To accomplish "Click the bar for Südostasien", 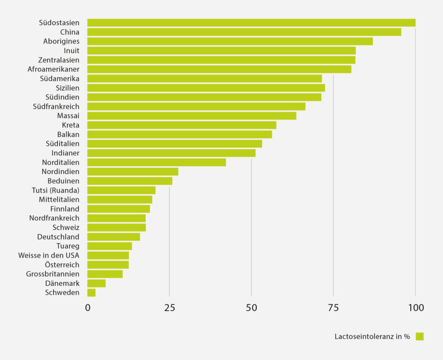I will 251,22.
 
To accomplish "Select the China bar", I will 244,32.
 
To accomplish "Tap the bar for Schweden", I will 91,292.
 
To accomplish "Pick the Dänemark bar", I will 96,283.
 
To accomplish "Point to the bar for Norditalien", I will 157,162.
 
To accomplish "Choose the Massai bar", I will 192,116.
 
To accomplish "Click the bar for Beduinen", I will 130,181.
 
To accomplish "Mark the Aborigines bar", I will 230,41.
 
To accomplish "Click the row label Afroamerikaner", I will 53,69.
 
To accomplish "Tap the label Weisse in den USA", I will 49,255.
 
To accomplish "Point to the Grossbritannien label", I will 53,274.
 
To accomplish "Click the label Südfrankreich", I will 56,106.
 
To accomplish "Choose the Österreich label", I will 62,265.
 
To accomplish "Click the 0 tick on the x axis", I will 88,308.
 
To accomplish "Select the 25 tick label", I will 169,308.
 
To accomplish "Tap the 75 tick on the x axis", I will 333,308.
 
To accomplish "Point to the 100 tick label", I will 415,308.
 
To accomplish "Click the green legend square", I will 419,336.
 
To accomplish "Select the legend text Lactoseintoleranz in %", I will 372,337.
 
